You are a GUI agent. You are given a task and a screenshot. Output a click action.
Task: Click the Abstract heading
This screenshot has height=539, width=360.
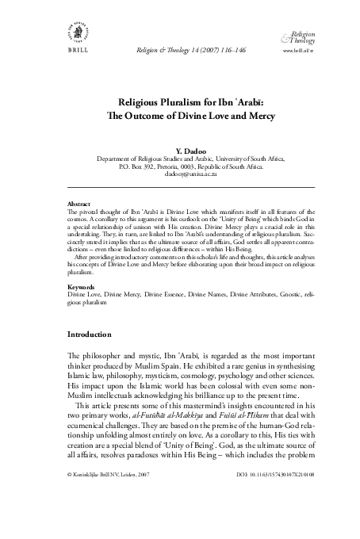(80, 204)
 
